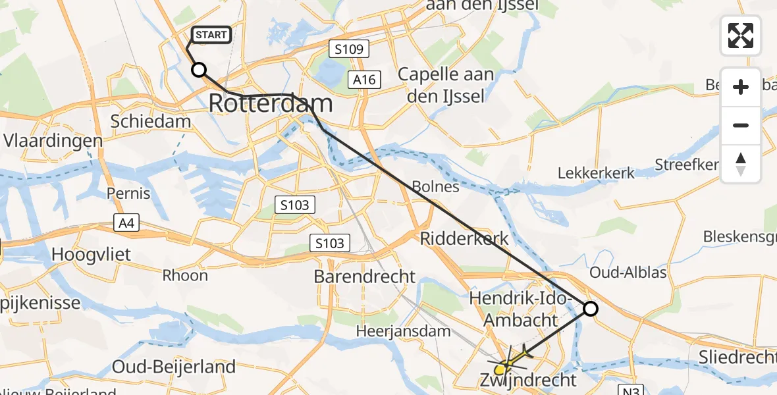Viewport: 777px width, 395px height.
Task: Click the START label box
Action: pyautogui.click(x=211, y=35)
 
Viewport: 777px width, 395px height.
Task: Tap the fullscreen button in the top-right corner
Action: pyautogui.click(x=741, y=36)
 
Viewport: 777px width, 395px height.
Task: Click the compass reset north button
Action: pyautogui.click(x=741, y=164)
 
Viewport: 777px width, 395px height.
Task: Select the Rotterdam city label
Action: pyautogui.click(x=271, y=103)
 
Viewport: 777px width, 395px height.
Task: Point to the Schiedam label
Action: pyautogui.click(x=151, y=122)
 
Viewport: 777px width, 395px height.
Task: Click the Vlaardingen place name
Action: pyautogui.click(x=53, y=141)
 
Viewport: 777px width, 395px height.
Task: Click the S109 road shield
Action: pyautogui.click(x=349, y=49)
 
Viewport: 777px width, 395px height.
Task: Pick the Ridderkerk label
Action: pyautogui.click(x=465, y=238)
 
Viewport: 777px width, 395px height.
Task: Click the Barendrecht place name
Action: pyautogui.click(x=365, y=276)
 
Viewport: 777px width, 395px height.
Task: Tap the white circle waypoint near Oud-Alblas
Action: pyautogui.click(x=591, y=308)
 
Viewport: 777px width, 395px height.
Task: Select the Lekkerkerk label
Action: pyautogui.click(x=596, y=173)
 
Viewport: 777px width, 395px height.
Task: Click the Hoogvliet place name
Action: pyautogui.click(x=91, y=255)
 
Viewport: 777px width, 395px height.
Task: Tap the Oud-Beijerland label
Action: pyautogui.click(x=174, y=367)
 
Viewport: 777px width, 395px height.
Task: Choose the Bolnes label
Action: pyautogui.click(x=435, y=186)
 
